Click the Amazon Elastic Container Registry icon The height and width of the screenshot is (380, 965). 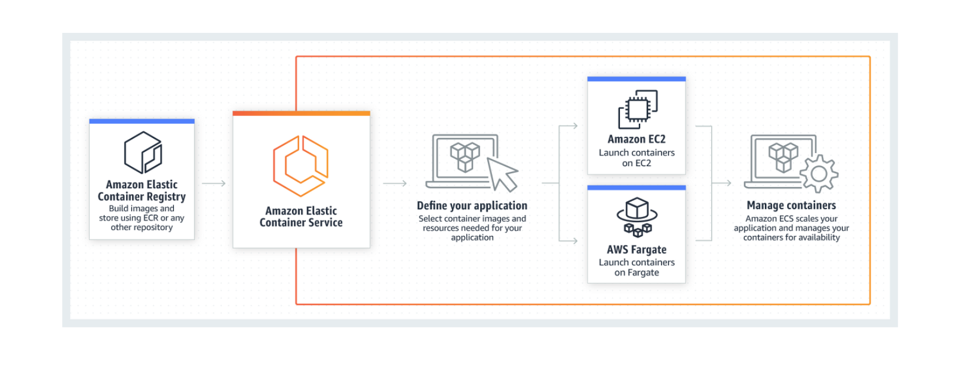pyautogui.click(x=143, y=152)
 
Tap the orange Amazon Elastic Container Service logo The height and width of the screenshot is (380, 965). pyautogui.click(x=300, y=166)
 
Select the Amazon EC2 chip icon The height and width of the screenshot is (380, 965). pyautogui.click(x=637, y=109)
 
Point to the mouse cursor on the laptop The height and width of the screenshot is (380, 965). pyautogui.click(x=502, y=174)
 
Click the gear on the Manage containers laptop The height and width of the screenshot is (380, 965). pyautogui.click(x=819, y=174)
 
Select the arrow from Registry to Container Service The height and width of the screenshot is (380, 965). pyautogui.click(x=214, y=183)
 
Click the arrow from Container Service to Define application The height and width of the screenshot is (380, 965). pyautogui.click(x=395, y=183)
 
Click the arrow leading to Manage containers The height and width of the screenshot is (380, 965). pyautogui.click(x=722, y=183)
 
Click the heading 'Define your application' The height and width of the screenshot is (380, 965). pyautogui.click(x=472, y=206)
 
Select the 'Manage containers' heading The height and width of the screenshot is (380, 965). pyautogui.click(x=791, y=206)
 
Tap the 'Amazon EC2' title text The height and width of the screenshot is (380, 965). pyautogui.click(x=637, y=139)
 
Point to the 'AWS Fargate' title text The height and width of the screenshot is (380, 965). pyautogui.click(x=637, y=250)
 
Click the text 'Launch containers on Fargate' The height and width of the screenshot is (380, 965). pyautogui.click(x=637, y=267)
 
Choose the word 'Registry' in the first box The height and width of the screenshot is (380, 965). pyautogui.click(x=166, y=197)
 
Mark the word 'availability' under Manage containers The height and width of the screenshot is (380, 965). pyautogui.click(x=819, y=237)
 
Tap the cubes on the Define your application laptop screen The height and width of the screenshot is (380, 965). pyautogui.click(x=465, y=156)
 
